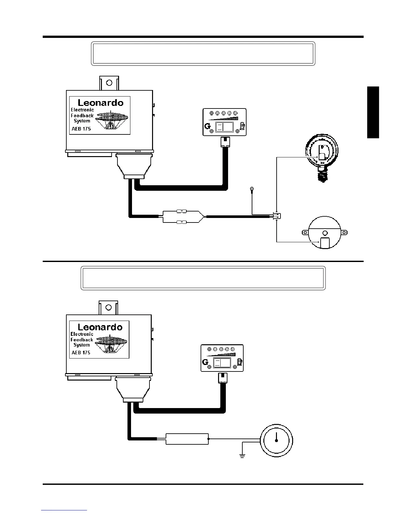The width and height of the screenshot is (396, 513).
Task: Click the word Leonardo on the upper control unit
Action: click(101, 103)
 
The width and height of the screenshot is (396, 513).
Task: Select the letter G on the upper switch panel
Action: click(207, 127)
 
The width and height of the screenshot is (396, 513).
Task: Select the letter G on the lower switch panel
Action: click(205, 362)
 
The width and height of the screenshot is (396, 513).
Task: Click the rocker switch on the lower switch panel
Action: click(222, 362)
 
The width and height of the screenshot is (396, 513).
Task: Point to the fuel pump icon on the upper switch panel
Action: click(242, 125)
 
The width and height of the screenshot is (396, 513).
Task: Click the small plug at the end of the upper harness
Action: click(277, 216)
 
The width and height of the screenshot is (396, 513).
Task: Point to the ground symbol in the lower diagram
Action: click(242, 456)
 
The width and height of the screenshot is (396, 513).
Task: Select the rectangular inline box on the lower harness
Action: click(187, 439)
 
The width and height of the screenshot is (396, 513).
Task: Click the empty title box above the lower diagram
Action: click(203, 278)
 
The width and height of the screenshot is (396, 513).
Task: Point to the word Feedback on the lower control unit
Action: click(82, 340)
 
